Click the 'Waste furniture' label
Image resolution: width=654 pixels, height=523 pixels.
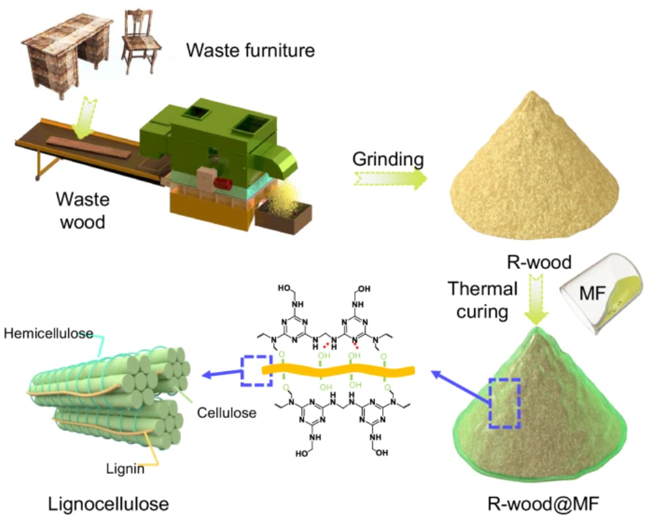coord(250,49)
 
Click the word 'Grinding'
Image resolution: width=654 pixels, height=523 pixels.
coord(388,159)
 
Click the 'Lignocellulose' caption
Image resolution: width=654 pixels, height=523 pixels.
coord(101,503)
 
